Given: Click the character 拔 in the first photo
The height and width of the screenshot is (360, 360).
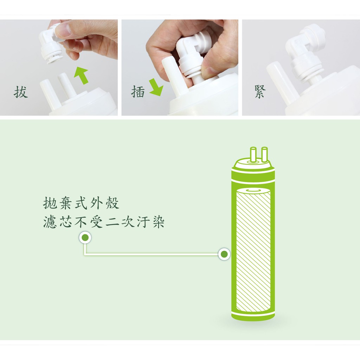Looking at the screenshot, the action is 21,92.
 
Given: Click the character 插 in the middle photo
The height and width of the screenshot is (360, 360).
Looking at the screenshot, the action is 138,91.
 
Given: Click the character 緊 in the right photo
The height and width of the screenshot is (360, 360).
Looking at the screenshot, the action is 260,92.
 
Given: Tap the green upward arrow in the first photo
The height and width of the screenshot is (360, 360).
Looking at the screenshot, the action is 81,75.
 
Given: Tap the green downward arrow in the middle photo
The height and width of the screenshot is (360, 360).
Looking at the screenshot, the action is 156,87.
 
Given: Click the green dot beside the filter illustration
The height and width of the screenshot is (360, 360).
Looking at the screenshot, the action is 224,254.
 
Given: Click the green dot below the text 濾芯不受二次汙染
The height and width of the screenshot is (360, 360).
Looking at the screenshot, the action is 85,237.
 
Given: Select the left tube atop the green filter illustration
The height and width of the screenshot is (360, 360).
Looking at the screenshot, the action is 253,154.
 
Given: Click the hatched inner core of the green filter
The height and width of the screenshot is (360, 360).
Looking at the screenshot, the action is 253,250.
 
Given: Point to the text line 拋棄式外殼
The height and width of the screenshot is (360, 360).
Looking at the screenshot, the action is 81,203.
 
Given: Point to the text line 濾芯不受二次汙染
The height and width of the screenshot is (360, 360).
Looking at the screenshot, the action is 104,222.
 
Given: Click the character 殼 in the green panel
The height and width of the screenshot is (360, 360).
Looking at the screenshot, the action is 112,203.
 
